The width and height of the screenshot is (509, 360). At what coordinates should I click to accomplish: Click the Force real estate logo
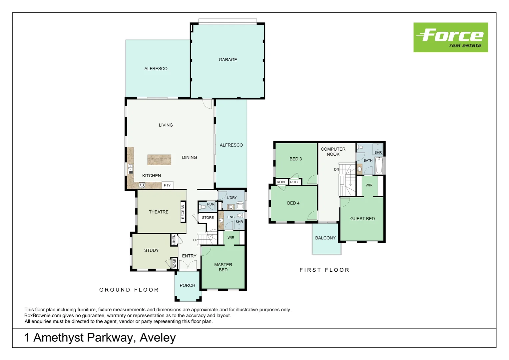(450, 37)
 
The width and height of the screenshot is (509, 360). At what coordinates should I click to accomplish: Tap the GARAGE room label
(228, 60)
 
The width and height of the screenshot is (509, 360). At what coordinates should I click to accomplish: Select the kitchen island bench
(159, 160)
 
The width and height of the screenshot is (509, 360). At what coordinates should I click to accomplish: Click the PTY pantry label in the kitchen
(167, 185)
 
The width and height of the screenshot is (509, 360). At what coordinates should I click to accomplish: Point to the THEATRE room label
(159, 212)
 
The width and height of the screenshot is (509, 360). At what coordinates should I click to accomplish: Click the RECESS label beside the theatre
(183, 212)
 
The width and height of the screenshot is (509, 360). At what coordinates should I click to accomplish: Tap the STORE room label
(208, 218)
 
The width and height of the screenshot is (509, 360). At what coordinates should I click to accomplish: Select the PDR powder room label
(211, 204)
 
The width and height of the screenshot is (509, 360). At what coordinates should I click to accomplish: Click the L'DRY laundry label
(232, 198)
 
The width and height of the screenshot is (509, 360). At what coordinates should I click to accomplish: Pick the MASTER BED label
(223, 267)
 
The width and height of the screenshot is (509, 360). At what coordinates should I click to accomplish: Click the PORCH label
(187, 285)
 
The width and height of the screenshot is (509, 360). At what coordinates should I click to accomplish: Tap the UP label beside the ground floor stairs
(196, 240)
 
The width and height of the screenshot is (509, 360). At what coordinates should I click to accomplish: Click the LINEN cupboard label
(174, 240)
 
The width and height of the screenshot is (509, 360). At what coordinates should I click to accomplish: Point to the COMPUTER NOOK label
(333, 152)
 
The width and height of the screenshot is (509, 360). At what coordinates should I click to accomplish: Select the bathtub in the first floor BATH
(379, 166)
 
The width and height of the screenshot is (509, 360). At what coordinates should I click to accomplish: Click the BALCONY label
(325, 238)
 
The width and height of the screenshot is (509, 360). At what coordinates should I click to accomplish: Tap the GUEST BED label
(362, 219)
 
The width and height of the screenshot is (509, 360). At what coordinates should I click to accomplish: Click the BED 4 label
(293, 203)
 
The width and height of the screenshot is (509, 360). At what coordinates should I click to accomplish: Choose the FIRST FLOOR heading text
(324, 270)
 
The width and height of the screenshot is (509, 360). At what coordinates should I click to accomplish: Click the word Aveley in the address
(158, 338)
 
